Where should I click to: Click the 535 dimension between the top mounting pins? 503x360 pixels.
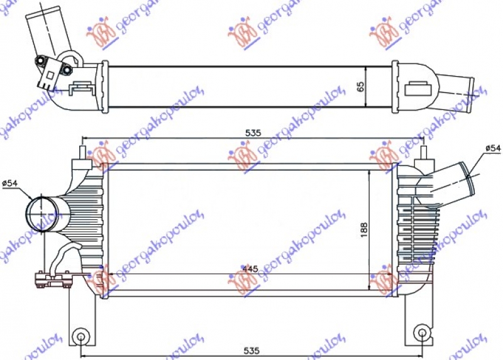click(253, 133)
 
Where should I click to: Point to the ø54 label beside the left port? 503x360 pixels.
click(11, 183)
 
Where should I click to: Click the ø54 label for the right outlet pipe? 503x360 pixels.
click(492, 148)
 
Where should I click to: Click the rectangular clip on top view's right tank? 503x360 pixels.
click(416, 88)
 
